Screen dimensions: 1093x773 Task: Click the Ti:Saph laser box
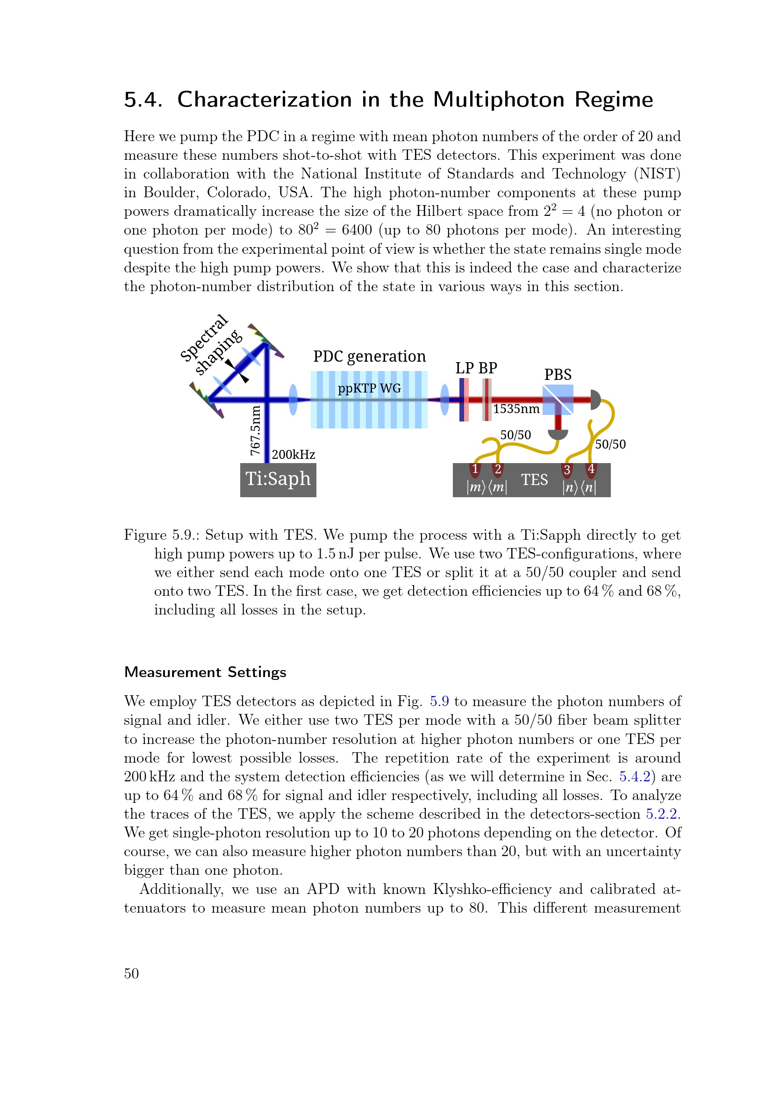point(278,479)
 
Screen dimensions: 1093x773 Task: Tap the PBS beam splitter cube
point(558,400)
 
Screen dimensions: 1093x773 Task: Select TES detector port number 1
point(475,469)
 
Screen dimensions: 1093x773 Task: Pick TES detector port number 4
point(591,469)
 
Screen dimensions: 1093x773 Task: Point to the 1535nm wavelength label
point(516,409)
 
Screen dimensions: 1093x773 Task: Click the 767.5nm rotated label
point(256,430)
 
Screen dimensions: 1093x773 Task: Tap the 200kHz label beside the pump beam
point(293,455)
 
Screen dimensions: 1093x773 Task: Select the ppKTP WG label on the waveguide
point(369,388)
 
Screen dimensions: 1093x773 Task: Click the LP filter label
point(465,368)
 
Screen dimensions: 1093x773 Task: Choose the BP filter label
point(488,368)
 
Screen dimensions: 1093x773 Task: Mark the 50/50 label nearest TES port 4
point(611,444)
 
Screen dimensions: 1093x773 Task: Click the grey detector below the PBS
point(558,434)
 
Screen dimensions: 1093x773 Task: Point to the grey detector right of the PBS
point(595,400)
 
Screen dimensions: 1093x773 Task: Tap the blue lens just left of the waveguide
point(293,400)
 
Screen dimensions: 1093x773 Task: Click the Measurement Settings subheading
point(205,672)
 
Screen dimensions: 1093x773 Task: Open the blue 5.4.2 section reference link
point(635,777)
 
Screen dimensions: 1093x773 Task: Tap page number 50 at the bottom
point(131,973)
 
